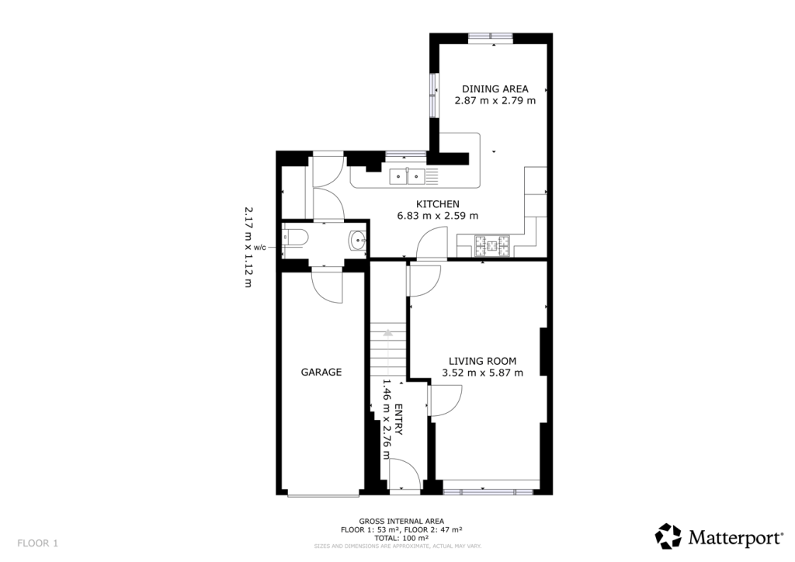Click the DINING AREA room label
[x=495, y=88]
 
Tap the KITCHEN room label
[x=437, y=203]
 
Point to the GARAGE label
[x=321, y=373]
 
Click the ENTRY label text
[x=397, y=420]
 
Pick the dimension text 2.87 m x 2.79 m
[x=495, y=100]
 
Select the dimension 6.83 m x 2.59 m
[x=437, y=216]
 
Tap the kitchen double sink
[x=407, y=176]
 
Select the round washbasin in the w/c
[x=357, y=241]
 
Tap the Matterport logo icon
[x=668, y=536]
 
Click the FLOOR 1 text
[x=38, y=543]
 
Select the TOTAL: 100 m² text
[x=401, y=538]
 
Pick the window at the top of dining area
[x=491, y=37]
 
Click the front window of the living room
[x=488, y=491]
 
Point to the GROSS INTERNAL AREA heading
[x=401, y=521]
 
